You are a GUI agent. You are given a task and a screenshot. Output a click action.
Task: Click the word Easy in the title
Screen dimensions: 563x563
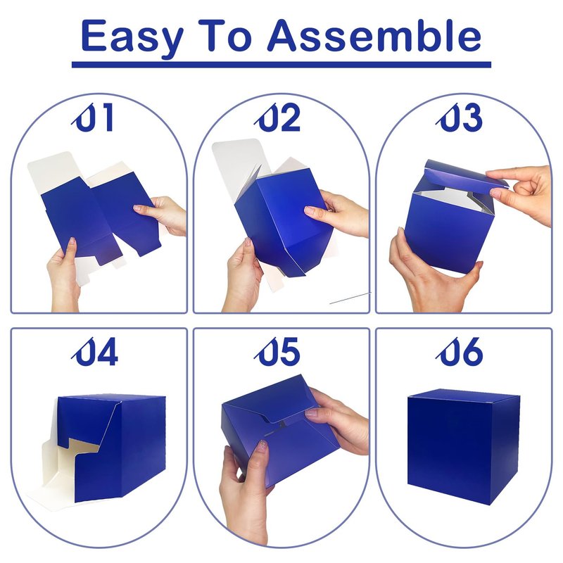click(132, 37)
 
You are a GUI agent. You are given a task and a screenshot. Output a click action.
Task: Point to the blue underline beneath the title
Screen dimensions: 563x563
click(281, 65)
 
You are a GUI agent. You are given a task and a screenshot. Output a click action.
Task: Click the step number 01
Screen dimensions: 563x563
click(93, 117)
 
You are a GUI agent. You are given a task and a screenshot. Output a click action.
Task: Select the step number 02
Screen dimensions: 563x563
click(277, 117)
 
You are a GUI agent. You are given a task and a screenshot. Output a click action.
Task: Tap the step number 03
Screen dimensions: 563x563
click(459, 117)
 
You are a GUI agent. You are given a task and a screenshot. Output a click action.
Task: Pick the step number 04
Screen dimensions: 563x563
click(95, 351)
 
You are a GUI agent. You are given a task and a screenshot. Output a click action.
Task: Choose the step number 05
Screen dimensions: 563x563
click(277, 351)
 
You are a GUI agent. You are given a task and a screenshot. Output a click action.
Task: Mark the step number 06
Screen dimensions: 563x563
click(459, 351)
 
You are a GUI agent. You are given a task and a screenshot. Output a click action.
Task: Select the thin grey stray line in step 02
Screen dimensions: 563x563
click(350, 298)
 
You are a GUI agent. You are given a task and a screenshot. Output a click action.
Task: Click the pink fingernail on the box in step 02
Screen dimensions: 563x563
click(309, 210)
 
